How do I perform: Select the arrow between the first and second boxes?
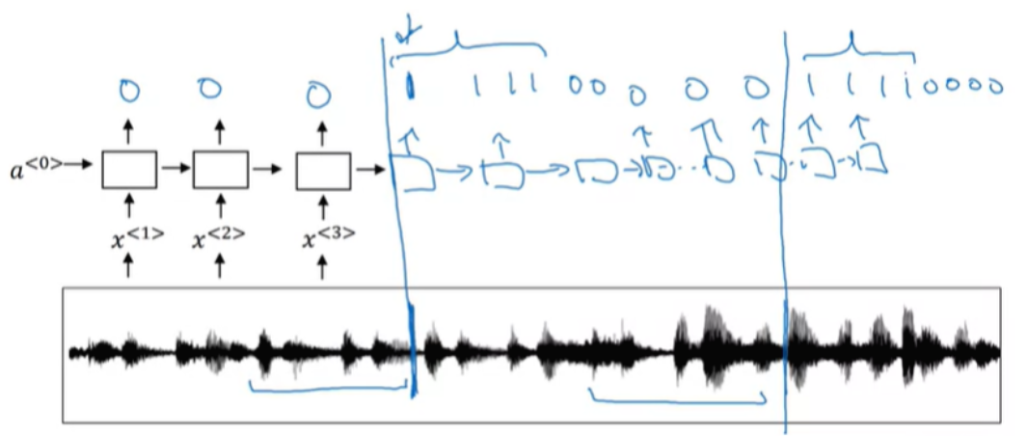coord(175,169)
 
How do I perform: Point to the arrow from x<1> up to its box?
coord(129,204)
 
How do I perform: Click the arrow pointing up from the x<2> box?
coord(220,131)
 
